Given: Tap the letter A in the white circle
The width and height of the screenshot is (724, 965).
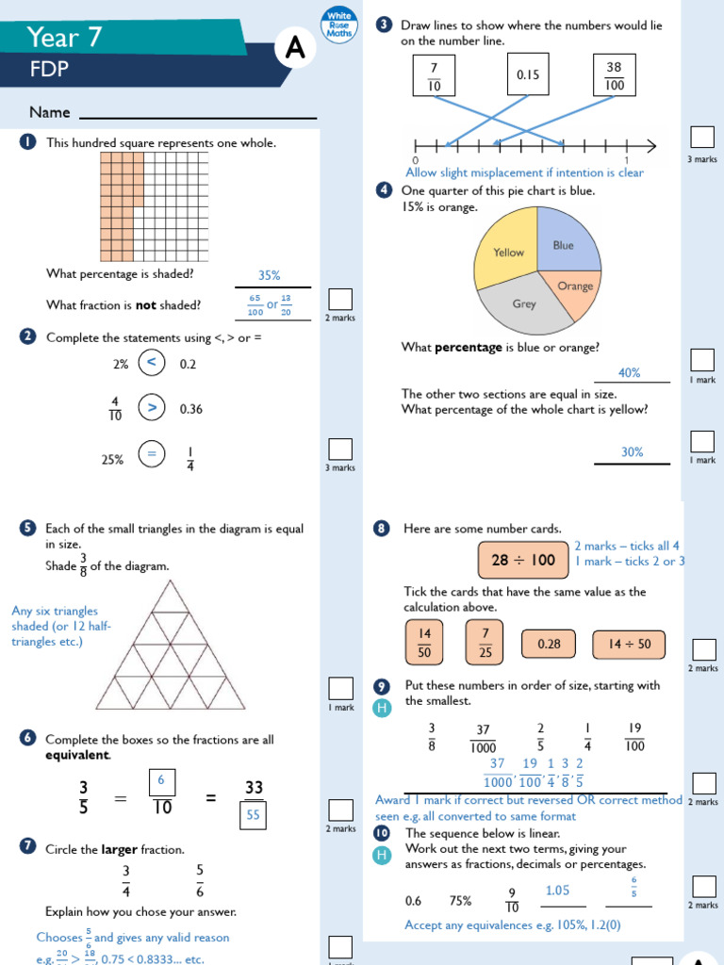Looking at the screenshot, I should pyautogui.click(x=295, y=51).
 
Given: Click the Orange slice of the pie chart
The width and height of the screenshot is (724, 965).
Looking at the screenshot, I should pyautogui.click(x=572, y=286).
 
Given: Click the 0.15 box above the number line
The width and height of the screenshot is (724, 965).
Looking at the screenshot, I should pyautogui.click(x=528, y=74).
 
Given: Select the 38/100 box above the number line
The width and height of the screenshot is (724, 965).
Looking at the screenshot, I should pyautogui.click(x=614, y=74).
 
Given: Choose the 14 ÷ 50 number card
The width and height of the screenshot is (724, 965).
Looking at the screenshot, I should pyautogui.click(x=629, y=645).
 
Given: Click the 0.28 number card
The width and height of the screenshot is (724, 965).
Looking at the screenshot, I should pyautogui.click(x=549, y=645).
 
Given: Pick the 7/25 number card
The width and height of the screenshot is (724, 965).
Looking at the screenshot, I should pyautogui.click(x=485, y=642).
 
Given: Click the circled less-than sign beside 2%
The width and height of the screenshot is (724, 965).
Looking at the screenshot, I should pyautogui.click(x=151, y=363).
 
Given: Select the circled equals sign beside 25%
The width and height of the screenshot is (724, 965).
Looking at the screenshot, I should pyautogui.click(x=151, y=455).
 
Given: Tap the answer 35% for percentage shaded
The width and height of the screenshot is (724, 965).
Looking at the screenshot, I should pyautogui.click(x=270, y=276).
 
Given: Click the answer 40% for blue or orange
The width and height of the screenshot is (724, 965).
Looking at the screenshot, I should pyautogui.click(x=629, y=373).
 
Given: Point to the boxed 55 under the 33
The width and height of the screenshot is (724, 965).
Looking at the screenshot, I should pyautogui.click(x=254, y=815).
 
